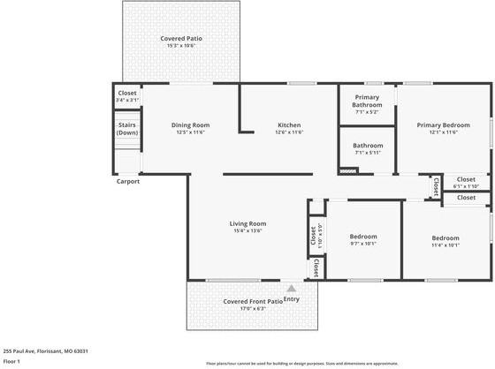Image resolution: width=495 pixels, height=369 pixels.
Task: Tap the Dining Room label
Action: click(x=190, y=124)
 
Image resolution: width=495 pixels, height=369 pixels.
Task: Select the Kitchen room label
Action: click(x=290, y=124)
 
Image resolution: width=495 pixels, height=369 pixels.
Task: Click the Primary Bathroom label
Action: click(x=367, y=101)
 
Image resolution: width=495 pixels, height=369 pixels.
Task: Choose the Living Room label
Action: click(x=247, y=223)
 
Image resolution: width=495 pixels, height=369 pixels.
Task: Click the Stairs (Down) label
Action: click(x=127, y=129)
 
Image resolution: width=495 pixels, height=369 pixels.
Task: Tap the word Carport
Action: click(x=128, y=182)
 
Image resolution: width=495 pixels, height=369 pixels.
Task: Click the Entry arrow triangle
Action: click(x=291, y=287)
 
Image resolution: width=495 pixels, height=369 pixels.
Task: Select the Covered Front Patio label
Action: click(x=253, y=301)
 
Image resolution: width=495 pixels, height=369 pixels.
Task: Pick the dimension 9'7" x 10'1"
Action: click(x=363, y=244)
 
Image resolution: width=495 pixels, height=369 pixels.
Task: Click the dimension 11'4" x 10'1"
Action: click(x=445, y=245)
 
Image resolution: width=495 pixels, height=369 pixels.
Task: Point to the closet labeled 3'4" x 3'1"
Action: click(x=127, y=100)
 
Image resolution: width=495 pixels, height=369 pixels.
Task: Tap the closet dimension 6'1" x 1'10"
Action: click(x=465, y=186)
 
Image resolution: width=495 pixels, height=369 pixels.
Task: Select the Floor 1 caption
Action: click(x=12, y=361)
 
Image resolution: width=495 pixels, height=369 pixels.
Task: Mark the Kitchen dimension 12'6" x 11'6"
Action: click(x=290, y=132)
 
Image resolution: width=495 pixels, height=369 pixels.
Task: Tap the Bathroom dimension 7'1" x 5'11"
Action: click(x=367, y=153)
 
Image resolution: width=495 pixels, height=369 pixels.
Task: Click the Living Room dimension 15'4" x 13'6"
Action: click(x=247, y=230)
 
